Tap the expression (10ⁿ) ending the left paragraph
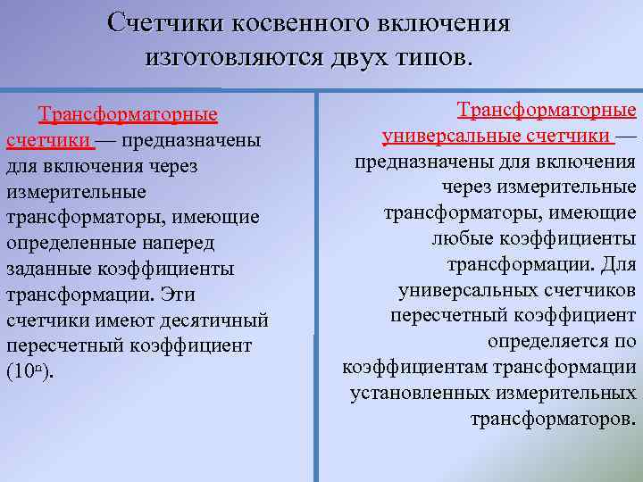30,372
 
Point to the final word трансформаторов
552,419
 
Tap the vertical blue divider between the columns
316,286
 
